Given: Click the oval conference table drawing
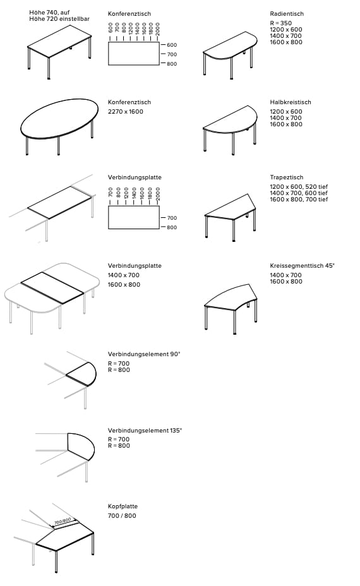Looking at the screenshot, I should [x=60, y=120].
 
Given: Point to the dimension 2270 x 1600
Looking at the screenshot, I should [x=126, y=112].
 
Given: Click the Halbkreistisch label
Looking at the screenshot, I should [x=290, y=102].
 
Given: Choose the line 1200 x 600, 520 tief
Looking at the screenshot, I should [x=299, y=187].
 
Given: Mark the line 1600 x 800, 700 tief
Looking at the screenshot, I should [x=299, y=200].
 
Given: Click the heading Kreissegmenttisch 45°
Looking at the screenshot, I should [x=302, y=266].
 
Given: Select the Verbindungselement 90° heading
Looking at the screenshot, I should [x=144, y=354].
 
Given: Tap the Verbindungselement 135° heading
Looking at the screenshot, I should [x=145, y=430].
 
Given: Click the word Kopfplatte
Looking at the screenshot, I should [x=123, y=506].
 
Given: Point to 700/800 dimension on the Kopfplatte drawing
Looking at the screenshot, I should [x=63, y=522].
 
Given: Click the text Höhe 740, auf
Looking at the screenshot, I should [x=49, y=12].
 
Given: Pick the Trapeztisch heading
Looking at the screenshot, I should [x=286, y=177].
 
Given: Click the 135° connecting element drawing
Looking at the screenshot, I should [x=81, y=446].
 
